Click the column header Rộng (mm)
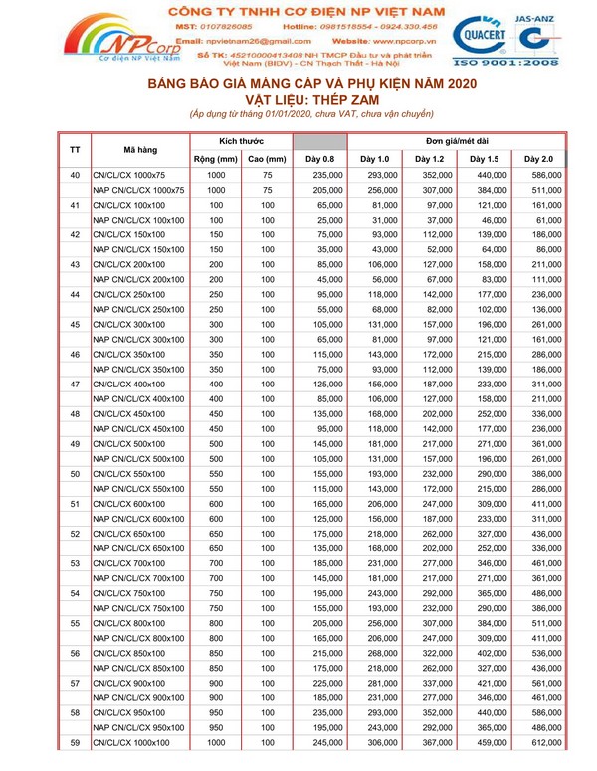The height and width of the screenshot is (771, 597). [x=213, y=158]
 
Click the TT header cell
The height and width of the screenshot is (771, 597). [x=75, y=150]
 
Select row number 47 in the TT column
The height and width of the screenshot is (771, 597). [x=75, y=385]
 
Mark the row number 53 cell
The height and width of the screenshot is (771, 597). [x=75, y=563]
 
